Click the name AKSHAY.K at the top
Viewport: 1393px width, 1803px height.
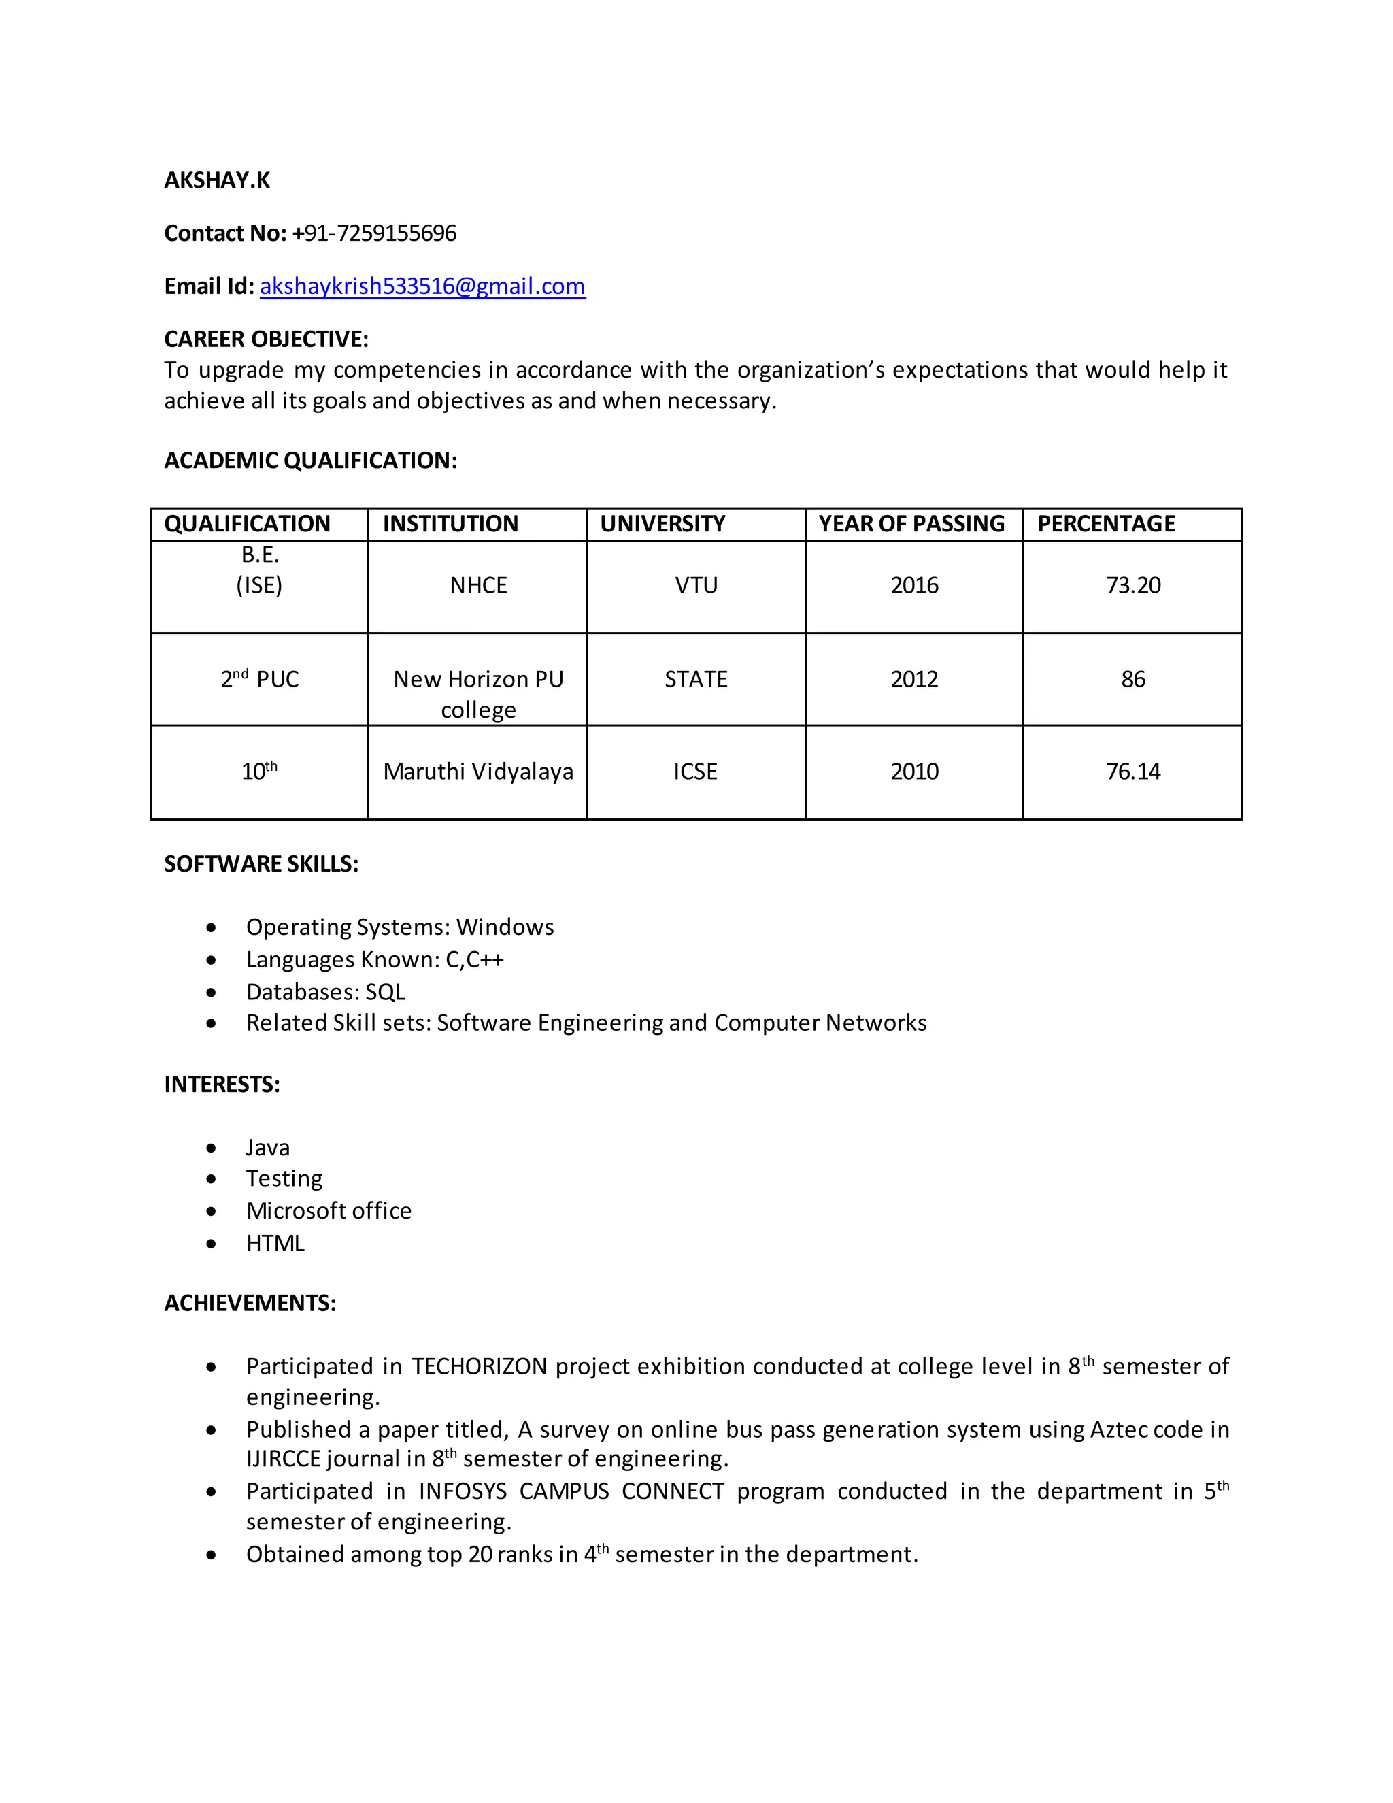[x=217, y=180]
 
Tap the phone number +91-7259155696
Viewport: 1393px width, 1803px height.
[x=374, y=233]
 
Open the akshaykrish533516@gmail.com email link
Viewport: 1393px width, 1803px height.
[x=422, y=286]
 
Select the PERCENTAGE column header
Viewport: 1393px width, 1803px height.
[x=1106, y=523]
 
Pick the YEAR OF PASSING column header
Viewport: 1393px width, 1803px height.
[x=911, y=523]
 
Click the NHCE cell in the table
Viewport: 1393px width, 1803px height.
[x=477, y=585]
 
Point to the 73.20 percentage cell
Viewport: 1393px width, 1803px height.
[x=1132, y=585]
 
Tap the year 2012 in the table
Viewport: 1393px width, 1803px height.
[x=913, y=678]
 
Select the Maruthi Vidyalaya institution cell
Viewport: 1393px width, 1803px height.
[x=477, y=771]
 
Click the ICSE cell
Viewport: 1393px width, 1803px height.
[x=695, y=771]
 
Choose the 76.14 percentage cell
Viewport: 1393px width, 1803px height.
[x=1132, y=771]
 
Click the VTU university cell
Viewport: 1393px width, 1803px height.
[x=696, y=585]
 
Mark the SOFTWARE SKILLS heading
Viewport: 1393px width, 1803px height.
[x=261, y=863]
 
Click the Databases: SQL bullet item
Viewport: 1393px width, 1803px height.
[x=325, y=991]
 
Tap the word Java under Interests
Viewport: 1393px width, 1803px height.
[x=267, y=1148]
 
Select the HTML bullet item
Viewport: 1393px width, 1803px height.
[x=275, y=1242]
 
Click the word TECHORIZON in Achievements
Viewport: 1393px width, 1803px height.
[x=480, y=1366]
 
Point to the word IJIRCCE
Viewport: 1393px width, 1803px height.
[x=283, y=1459]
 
